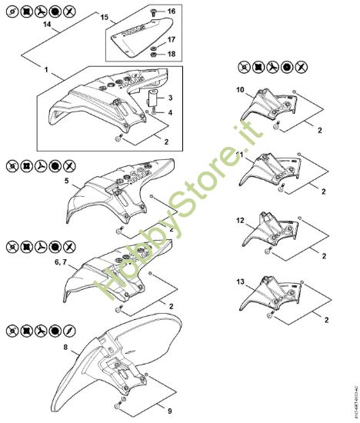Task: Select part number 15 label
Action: [105, 16]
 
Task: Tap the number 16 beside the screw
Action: [171, 12]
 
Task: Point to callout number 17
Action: [171, 39]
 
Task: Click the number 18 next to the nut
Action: [171, 54]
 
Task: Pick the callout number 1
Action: [47, 70]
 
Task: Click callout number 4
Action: [170, 113]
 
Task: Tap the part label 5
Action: [67, 182]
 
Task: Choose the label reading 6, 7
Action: [60, 263]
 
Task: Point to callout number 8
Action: [65, 348]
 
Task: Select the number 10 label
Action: [239, 91]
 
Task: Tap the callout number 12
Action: [239, 221]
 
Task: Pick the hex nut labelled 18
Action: [154, 54]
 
